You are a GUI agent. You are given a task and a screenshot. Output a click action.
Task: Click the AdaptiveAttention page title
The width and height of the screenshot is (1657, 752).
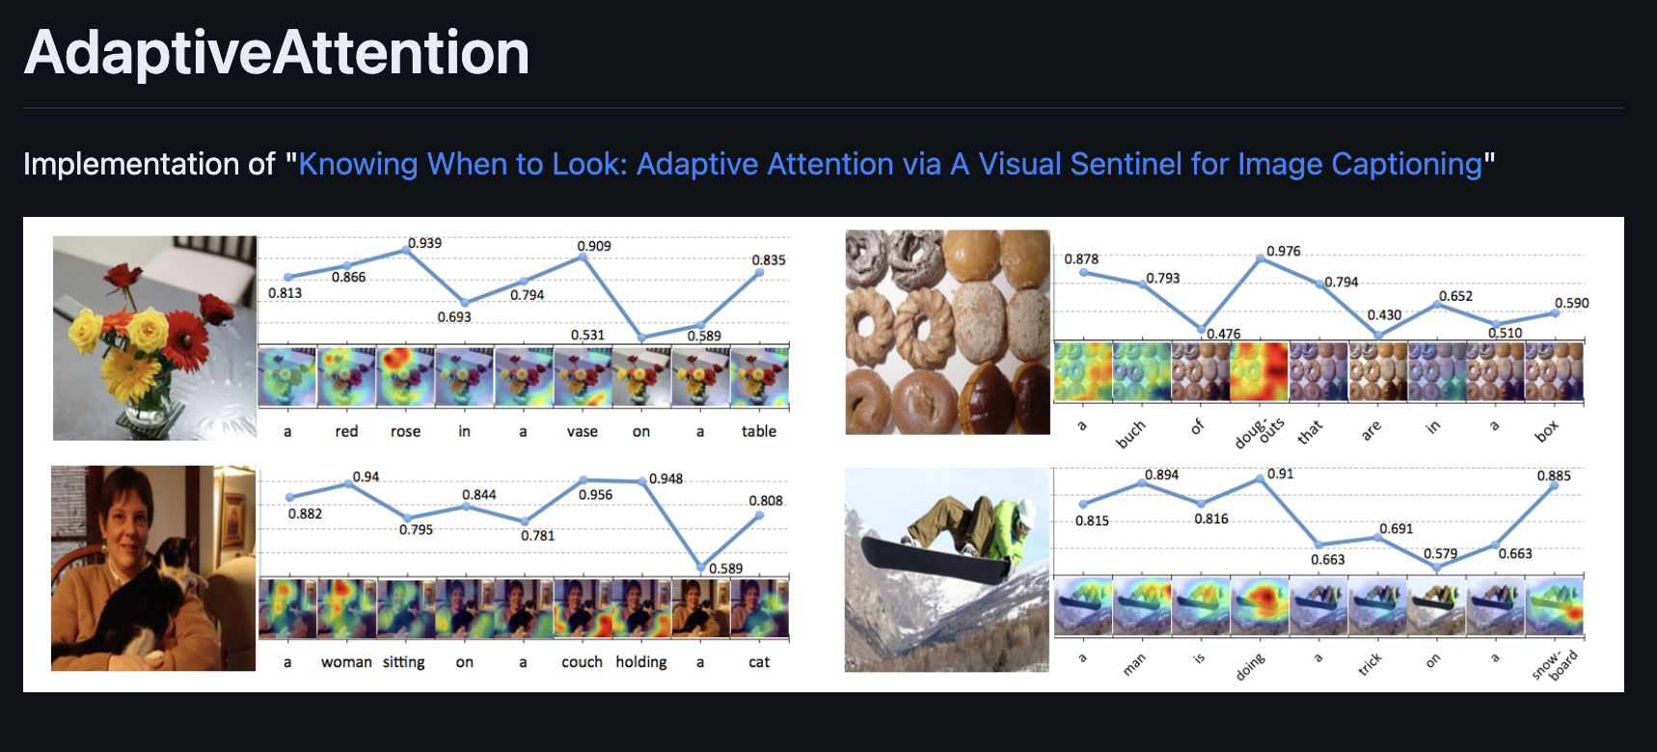tap(277, 52)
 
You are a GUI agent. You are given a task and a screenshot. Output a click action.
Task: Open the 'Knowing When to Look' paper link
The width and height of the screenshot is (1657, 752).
tap(889, 164)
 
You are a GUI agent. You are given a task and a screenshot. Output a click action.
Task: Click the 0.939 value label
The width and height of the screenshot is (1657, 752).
tap(424, 243)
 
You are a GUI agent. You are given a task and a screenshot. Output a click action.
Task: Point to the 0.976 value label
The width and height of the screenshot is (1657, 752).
tap(1283, 251)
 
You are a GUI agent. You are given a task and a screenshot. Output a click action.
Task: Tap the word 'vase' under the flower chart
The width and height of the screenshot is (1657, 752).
tap(582, 431)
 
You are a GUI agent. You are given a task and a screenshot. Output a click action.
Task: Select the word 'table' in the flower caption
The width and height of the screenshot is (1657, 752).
tap(758, 431)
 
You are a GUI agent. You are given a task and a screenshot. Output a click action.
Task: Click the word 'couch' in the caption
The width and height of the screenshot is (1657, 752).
tap(582, 661)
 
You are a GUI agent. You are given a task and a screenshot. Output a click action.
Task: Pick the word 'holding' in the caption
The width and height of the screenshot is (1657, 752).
tap(641, 661)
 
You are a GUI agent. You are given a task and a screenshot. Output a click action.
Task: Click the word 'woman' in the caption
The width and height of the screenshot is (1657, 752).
tap(346, 661)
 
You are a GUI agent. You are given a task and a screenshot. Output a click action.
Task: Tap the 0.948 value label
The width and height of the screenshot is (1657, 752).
tap(666, 478)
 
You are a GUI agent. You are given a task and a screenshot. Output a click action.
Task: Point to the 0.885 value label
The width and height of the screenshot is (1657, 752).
tap(1554, 475)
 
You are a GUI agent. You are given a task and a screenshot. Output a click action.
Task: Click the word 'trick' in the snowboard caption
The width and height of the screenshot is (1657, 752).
tap(1371, 663)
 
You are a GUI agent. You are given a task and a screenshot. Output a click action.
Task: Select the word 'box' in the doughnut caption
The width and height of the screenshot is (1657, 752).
tap(1546, 432)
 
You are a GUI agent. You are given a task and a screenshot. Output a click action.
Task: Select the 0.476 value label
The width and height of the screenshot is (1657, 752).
tap(1224, 334)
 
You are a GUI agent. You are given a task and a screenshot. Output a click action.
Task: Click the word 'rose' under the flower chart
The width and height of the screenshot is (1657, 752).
tap(405, 431)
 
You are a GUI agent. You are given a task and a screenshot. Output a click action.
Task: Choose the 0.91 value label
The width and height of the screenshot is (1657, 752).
tap(1280, 473)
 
